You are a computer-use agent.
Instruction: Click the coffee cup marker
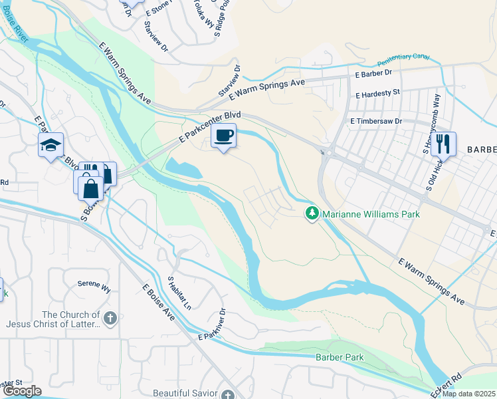click(223, 136)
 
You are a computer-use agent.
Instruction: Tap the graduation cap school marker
click(50, 146)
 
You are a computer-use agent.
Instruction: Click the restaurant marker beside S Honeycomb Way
click(444, 143)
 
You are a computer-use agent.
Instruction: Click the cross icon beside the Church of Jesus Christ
click(111, 319)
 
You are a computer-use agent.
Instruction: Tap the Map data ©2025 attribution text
click(468, 394)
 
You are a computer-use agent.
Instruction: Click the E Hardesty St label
click(377, 94)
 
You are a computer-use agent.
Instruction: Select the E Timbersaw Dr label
click(377, 121)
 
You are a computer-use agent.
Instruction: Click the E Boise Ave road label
click(158, 303)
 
